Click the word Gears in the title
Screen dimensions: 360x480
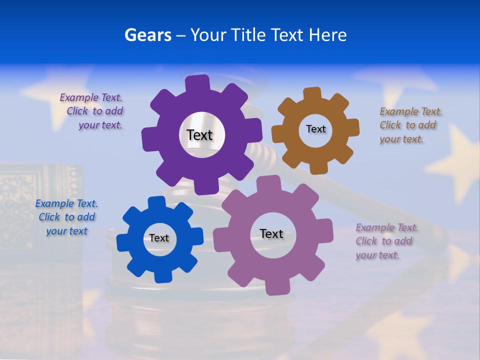point(148,35)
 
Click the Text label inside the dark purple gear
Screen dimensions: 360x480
point(199,135)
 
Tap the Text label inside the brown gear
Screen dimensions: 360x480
point(315,129)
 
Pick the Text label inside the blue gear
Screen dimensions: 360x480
point(159,238)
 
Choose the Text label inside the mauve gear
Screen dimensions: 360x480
point(271,233)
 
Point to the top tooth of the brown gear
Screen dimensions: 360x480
point(312,94)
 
